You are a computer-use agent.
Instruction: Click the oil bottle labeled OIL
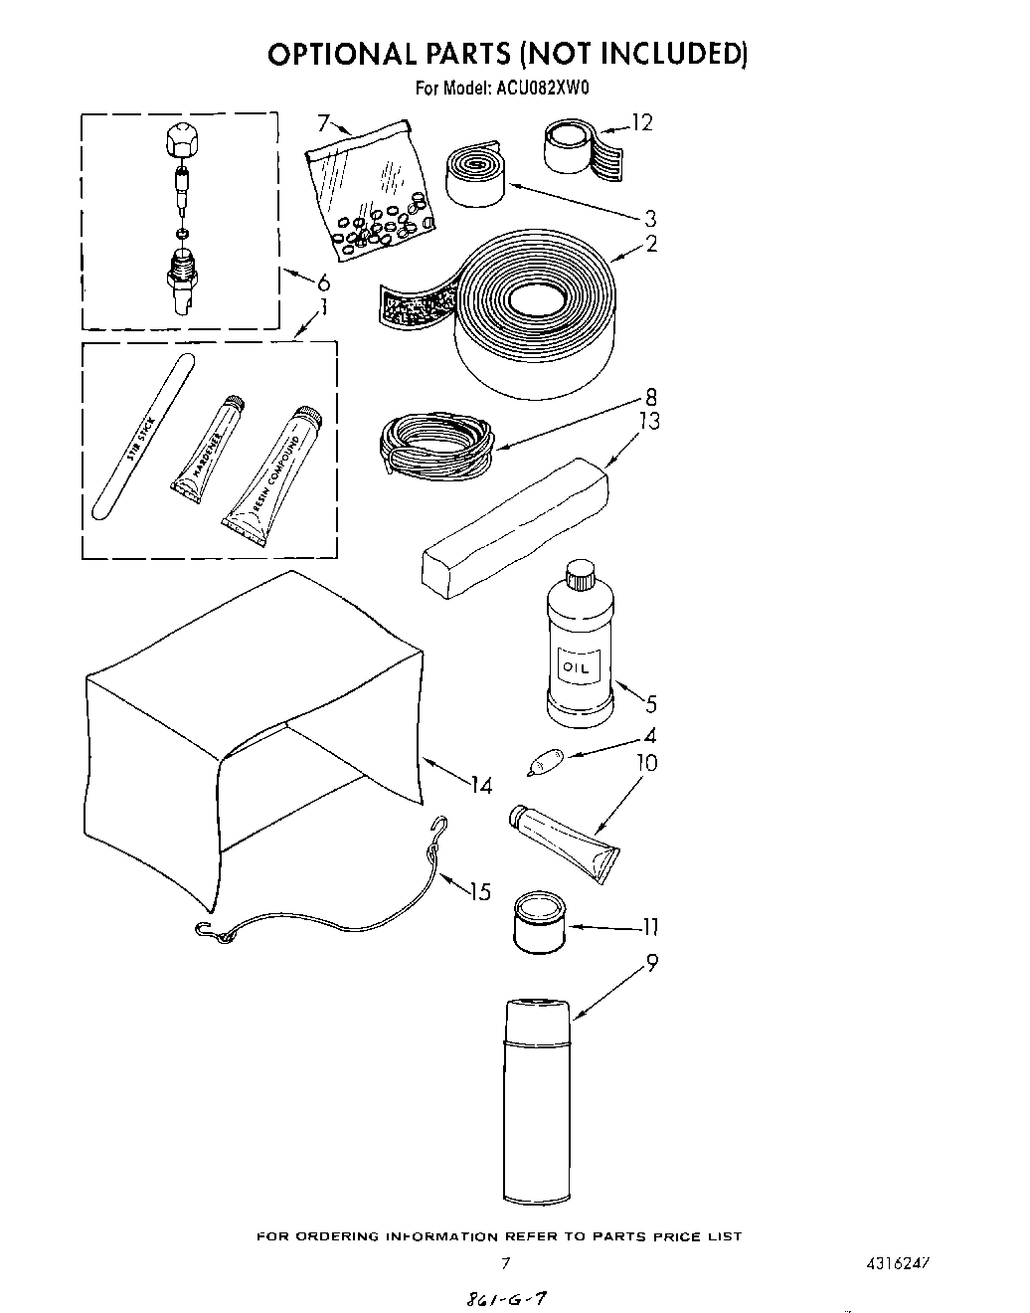pos(580,656)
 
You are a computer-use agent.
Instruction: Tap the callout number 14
pos(481,786)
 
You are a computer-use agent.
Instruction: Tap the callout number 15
pos(479,891)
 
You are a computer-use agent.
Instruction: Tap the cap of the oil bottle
pos(579,576)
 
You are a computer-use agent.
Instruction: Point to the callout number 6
pos(323,282)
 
